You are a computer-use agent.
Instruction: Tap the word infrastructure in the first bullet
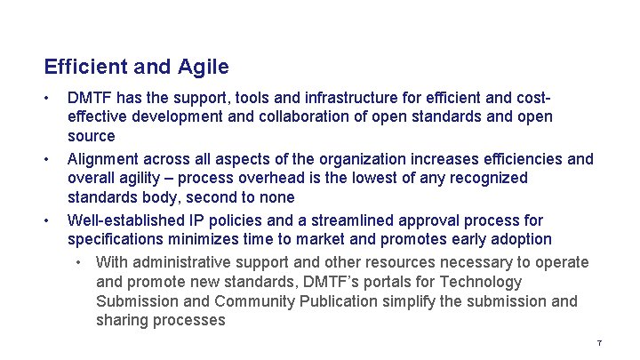[345, 96]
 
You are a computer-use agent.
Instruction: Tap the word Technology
[480, 282]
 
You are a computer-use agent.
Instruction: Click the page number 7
[600, 343]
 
